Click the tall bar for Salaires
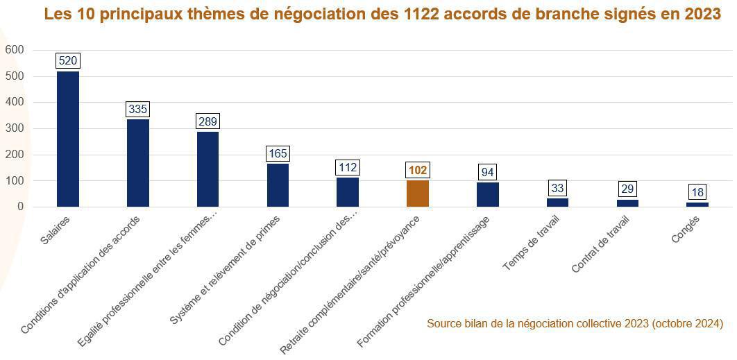pyautogui.click(x=68, y=139)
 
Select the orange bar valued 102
pyautogui.click(x=418, y=194)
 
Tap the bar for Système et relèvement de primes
pyautogui.click(x=278, y=185)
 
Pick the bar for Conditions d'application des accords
pyautogui.click(x=138, y=163)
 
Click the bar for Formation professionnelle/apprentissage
pyautogui.click(x=488, y=195)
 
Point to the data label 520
pyautogui.click(x=68, y=61)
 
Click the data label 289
pyautogui.click(x=207, y=121)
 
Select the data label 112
pyautogui.click(x=348, y=167)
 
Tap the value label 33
pyautogui.click(x=557, y=188)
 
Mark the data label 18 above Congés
pyautogui.click(x=697, y=192)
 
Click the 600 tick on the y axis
pyautogui.click(x=14, y=50)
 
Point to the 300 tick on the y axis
pyautogui.click(x=14, y=128)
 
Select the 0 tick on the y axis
pyautogui.click(x=20, y=207)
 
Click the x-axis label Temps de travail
pyautogui.click(x=532, y=243)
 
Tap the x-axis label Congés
pyautogui.click(x=686, y=230)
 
